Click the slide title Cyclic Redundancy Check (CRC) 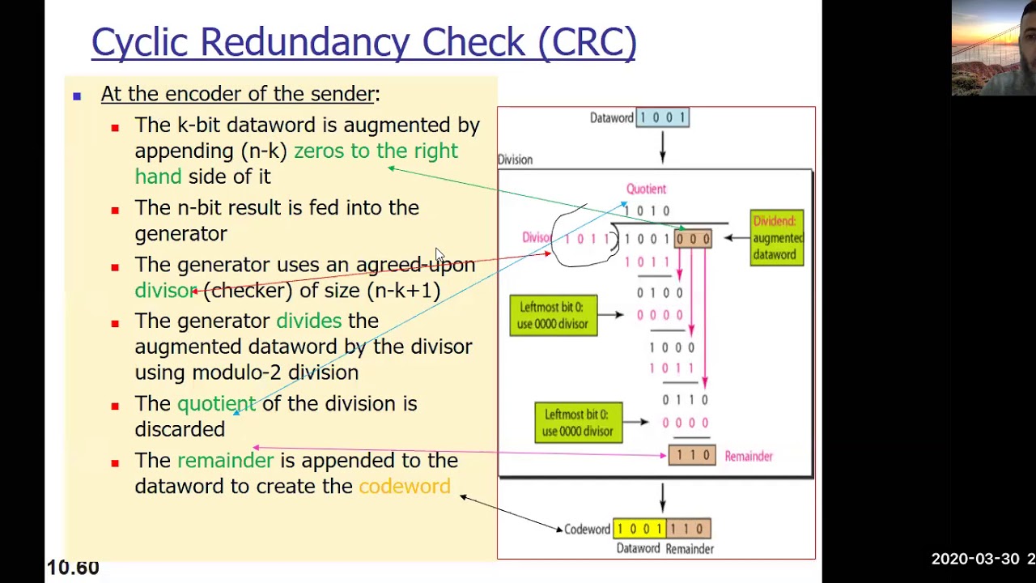pos(363,42)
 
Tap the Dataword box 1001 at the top pos(663,117)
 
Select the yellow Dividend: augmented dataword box pos(776,238)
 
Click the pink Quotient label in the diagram pos(646,189)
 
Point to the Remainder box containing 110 pos(692,456)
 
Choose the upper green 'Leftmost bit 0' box pos(554,315)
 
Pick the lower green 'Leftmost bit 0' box pos(578,422)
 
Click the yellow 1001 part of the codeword pos(639,529)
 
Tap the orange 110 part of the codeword pos(688,529)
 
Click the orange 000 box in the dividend pos(693,239)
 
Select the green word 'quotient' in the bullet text pos(216,403)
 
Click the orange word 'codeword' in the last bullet pos(405,486)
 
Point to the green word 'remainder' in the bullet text pos(225,460)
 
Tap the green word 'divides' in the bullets pos(308,321)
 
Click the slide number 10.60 pos(73,568)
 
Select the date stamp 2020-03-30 pos(975,559)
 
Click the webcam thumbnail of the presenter pos(993,48)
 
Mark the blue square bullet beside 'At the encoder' pos(77,96)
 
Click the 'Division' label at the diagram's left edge pos(515,160)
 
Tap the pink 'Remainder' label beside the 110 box pos(749,457)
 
